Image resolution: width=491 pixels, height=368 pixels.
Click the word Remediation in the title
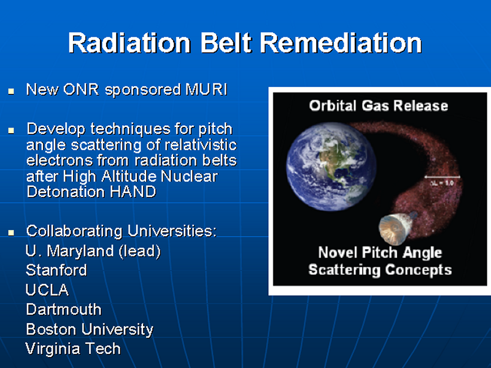pos(341,43)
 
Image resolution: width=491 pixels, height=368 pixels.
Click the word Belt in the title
pos(226,43)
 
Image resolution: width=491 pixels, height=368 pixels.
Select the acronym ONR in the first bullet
pos(81,90)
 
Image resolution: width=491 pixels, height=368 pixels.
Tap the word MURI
pos(206,90)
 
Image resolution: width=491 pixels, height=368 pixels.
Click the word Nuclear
pos(189,176)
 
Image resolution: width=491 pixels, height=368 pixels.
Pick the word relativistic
pos(201,145)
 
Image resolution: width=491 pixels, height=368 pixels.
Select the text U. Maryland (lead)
pos(93,251)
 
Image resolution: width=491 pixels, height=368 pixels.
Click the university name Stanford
pos(56,270)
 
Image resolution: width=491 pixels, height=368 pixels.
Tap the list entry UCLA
pos(47,290)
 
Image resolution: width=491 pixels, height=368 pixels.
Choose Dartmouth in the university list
pos(64,310)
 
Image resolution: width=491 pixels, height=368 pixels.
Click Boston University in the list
pos(90,329)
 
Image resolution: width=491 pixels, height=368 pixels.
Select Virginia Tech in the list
pos(73,348)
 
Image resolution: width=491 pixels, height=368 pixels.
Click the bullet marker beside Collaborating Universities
pos(11,232)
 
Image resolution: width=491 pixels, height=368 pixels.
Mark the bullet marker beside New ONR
pos(11,91)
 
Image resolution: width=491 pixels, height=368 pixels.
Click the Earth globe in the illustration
pos(331,166)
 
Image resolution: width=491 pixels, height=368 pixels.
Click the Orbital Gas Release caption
pos(378,105)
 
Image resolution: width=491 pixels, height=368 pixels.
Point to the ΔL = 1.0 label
pos(441,183)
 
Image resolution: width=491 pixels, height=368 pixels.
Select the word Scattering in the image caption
pos(344,270)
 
